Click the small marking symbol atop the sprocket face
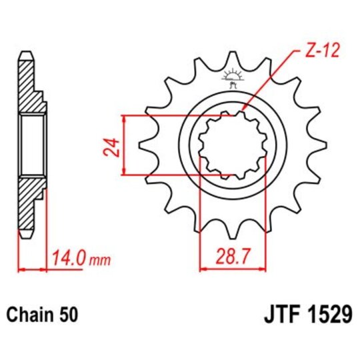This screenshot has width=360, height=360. tap(232, 78)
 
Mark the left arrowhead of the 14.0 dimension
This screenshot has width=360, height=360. tap(21, 270)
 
